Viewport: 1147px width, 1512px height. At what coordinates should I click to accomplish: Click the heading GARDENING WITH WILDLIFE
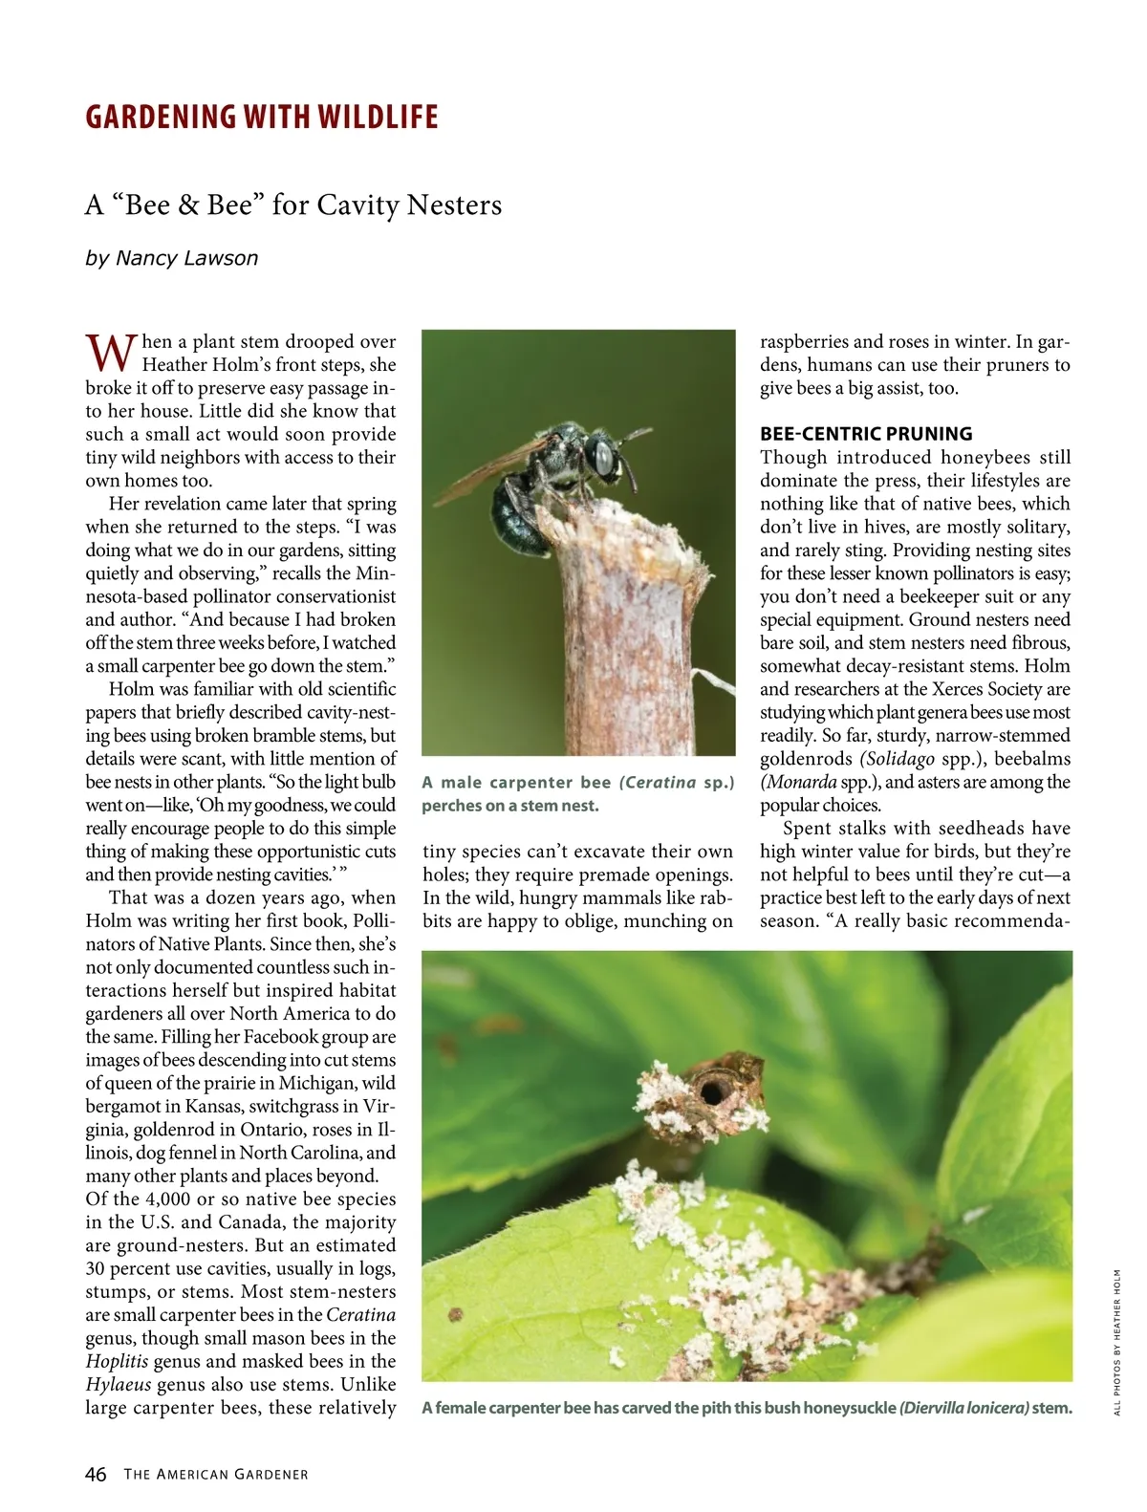tap(261, 117)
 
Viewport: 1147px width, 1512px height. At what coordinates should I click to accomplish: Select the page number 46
tap(96, 1474)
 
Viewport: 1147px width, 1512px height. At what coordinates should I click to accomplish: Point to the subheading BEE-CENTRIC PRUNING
tap(866, 433)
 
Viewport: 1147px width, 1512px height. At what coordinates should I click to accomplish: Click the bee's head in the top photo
tap(603, 456)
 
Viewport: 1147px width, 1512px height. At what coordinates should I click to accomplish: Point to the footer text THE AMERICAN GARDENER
tap(216, 1475)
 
